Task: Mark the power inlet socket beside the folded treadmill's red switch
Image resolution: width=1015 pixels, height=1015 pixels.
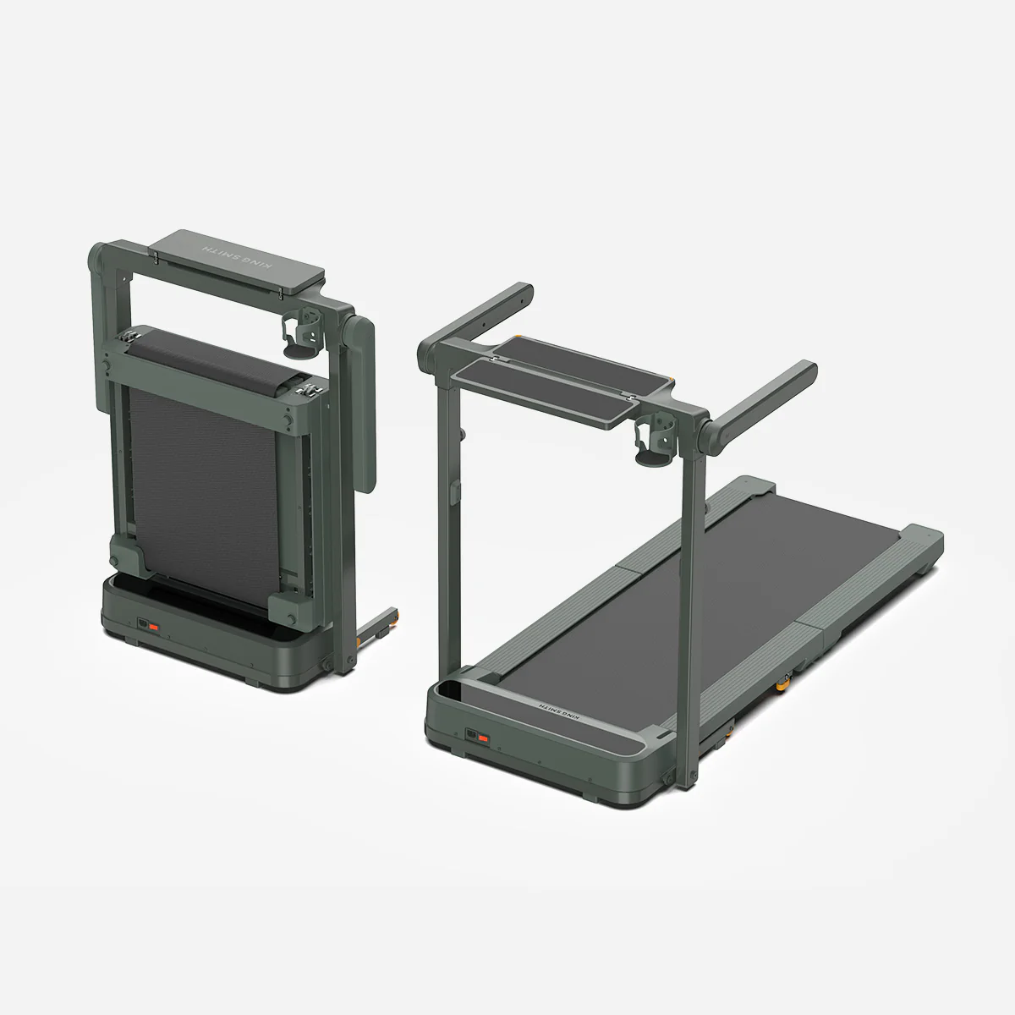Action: coord(143,625)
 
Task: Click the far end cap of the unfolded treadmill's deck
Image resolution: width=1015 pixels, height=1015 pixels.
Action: coord(922,550)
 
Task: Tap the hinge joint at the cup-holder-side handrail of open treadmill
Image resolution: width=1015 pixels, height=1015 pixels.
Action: coord(706,426)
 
